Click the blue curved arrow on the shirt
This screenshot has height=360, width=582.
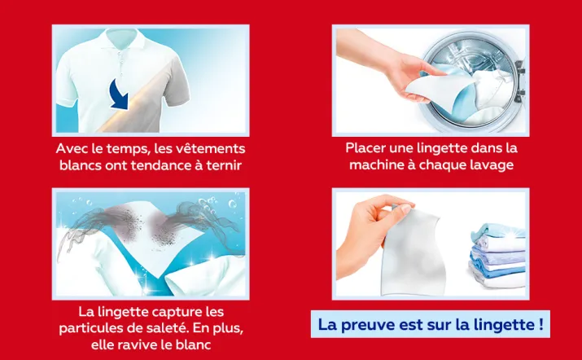coord(120,95)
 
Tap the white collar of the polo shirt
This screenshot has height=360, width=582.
coord(122,39)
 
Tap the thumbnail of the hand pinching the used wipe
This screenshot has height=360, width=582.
coord(431,244)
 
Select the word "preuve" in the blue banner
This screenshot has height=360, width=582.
coord(368,325)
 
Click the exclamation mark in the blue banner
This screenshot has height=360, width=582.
coord(540,324)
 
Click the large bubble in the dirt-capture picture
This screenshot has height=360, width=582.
coord(232,204)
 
